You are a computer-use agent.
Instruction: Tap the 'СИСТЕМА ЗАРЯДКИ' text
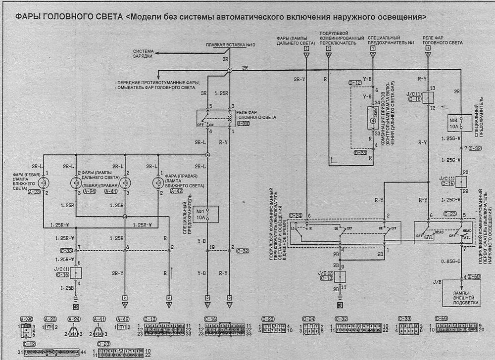coord(143,53)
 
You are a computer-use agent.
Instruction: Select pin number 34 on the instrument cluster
coord(378,102)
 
